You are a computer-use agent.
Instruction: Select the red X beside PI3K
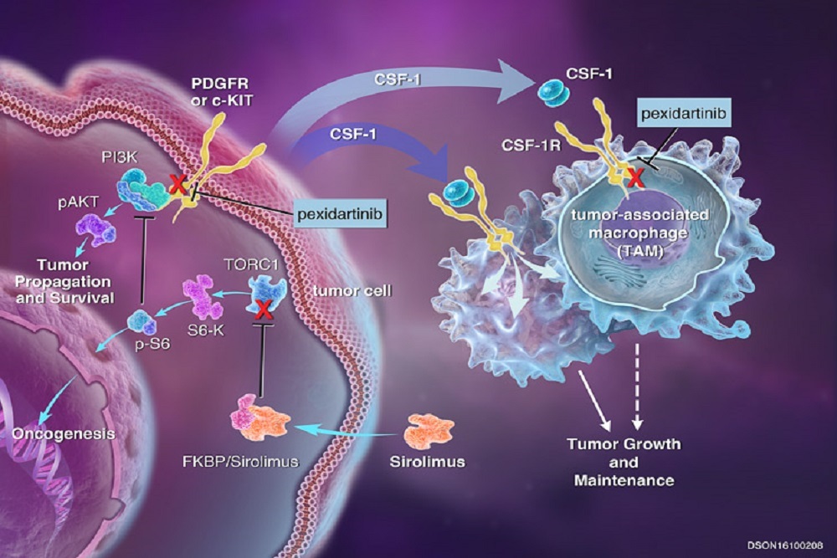(177, 187)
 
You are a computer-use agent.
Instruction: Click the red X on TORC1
(265, 311)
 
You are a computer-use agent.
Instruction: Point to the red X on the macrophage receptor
(636, 177)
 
